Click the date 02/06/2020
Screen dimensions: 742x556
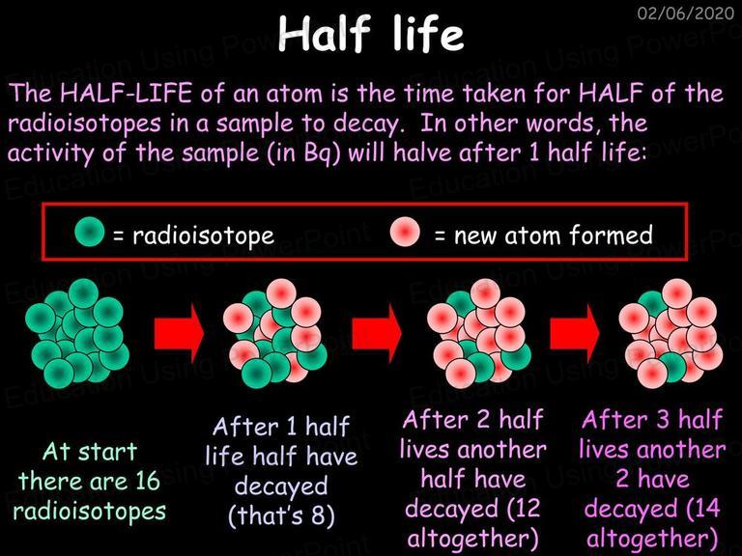[685, 13]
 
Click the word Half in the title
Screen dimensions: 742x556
[325, 34]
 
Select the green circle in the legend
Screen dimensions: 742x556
[90, 232]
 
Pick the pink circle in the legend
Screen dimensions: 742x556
[405, 232]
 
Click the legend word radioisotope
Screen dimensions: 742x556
[204, 236]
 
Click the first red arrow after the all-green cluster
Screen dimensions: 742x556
[180, 333]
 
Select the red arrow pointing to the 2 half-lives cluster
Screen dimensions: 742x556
[377, 333]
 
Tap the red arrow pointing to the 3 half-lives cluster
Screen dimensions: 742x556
[575, 333]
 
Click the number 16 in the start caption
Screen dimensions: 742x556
[147, 482]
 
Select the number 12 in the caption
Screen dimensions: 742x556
[528, 509]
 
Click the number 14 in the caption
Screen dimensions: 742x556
[707, 509]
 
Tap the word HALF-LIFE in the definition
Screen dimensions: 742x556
[127, 93]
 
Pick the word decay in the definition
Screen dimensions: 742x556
[366, 124]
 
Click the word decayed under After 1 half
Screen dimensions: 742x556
[281, 486]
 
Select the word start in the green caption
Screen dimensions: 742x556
[107, 453]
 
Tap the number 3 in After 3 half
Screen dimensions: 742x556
[664, 419]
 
